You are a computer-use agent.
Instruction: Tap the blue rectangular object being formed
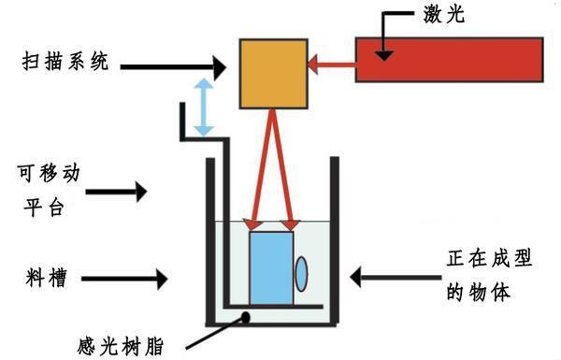(x=271, y=266)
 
